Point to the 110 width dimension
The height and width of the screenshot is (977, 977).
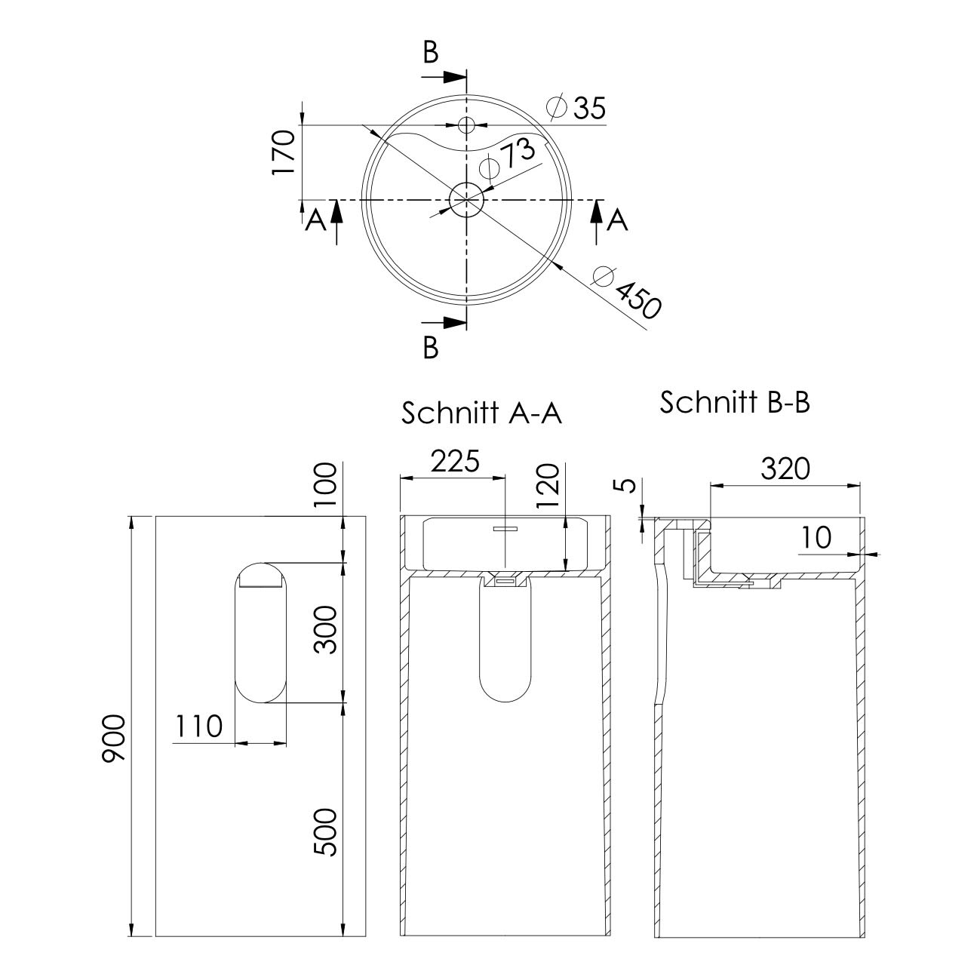pyautogui.click(x=198, y=726)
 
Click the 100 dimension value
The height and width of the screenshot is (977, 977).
pyautogui.click(x=325, y=484)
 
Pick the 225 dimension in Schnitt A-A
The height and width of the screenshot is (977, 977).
pyautogui.click(x=455, y=461)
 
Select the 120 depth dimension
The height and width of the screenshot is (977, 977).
pyautogui.click(x=548, y=485)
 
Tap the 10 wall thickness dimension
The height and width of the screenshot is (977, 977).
pyautogui.click(x=817, y=537)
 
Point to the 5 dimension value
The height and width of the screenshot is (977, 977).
pyautogui.click(x=628, y=485)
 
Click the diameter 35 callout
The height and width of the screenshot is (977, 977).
pyautogui.click(x=576, y=107)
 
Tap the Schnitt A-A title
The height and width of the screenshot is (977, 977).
pyautogui.click(x=481, y=413)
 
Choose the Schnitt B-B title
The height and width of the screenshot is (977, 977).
pyautogui.click(x=735, y=403)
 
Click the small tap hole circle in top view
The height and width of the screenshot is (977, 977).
pyautogui.click(x=466, y=124)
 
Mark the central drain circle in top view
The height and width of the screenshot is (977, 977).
pyautogui.click(x=466, y=200)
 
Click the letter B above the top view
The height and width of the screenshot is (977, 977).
pyautogui.click(x=431, y=52)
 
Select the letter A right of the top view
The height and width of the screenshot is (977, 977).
pyautogui.click(x=618, y=220)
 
